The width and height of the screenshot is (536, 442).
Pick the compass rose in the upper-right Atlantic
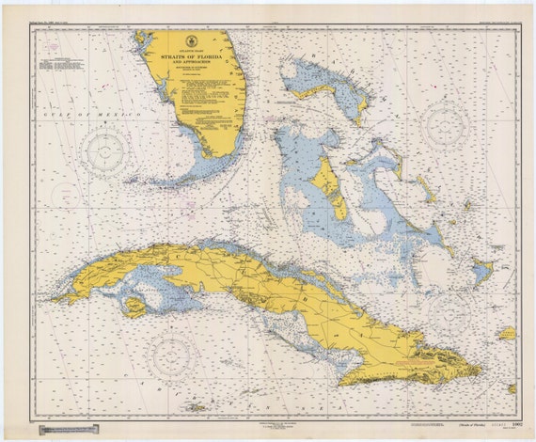[x=445, y=125]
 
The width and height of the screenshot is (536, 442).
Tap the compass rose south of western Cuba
[x=172, y=355]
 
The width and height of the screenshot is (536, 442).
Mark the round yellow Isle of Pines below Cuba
[x=134, y=306]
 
